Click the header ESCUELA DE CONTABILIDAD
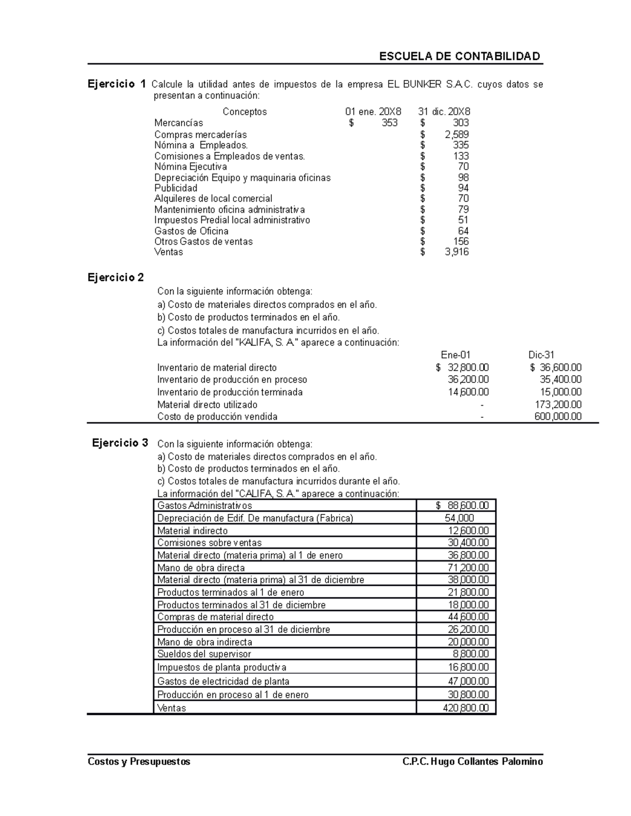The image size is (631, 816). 460,56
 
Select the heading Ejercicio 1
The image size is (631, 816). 117,84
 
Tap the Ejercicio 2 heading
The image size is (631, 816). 116,277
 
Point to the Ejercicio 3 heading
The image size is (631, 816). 120,442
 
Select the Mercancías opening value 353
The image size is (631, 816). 389,123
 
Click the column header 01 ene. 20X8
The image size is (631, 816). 373,111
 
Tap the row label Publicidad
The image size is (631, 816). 176,188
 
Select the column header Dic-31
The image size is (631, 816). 541,355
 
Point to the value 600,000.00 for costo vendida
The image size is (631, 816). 557,417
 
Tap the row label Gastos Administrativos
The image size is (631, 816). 205,505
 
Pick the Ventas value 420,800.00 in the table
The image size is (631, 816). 466,708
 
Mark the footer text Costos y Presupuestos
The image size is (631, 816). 139,761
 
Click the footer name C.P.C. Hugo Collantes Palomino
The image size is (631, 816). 472,761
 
